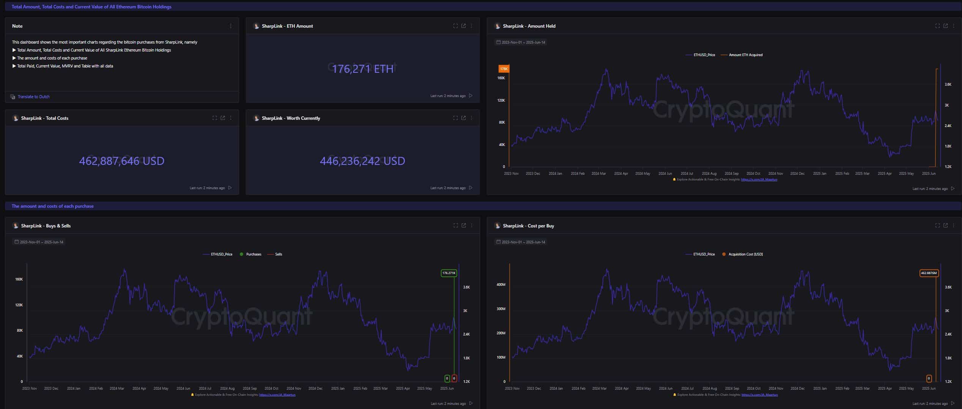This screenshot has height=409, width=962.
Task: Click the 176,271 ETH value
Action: coord(362,69)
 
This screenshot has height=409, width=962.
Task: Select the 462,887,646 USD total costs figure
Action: coord(121,161)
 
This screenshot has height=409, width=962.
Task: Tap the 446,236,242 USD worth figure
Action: coord(362,161)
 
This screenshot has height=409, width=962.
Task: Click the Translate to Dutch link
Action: coord(33,97)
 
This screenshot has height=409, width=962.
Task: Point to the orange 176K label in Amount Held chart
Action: coord(504,69)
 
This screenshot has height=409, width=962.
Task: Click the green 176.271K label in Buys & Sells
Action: coord(449,273)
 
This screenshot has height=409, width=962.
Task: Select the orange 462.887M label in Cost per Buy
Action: coord(929,273)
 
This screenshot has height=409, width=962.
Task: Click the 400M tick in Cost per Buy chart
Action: coord(501,285)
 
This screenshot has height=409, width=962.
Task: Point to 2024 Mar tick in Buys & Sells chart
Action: coord(117,389)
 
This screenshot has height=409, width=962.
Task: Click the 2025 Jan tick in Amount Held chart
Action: coord(819,174)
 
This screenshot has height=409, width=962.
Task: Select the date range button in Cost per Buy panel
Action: coord(521,242)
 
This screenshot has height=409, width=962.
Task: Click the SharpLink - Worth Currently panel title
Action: coord(291,118)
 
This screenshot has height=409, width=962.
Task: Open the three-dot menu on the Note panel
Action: coord(231,26)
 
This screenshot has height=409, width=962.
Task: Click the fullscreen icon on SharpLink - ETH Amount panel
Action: coord(455,26)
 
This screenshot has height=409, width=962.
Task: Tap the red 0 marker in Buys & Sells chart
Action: coord(454,378)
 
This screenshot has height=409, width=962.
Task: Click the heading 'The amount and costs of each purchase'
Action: coord(53,206)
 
